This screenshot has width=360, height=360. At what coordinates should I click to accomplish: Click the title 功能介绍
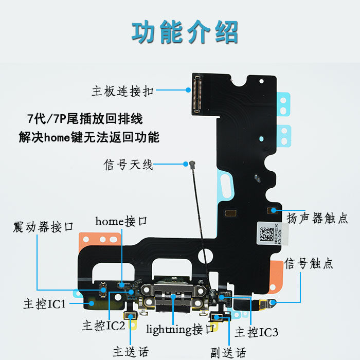[185, 32]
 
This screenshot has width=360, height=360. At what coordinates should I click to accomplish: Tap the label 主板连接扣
[122, 92]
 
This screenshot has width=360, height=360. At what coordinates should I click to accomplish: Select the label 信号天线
[129, 165]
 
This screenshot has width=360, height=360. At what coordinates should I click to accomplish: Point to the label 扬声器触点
[317, 218]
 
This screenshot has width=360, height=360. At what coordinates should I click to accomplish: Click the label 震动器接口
[44, 227]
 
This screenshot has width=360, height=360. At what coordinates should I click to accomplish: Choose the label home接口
[121, 222]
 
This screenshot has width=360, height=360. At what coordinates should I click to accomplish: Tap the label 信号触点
[309, 264]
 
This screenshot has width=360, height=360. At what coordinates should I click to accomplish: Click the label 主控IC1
[44, 304]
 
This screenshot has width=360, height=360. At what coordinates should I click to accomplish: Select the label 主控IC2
[103, 325]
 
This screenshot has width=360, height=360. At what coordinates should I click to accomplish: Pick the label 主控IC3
[257, 333]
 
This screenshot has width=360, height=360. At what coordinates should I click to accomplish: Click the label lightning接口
[180, 329]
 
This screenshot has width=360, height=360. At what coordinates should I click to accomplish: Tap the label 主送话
[131, 352]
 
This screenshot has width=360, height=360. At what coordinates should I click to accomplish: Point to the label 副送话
[228, 353]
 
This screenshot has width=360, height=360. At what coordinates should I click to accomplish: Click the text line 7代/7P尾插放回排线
[85, 119]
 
